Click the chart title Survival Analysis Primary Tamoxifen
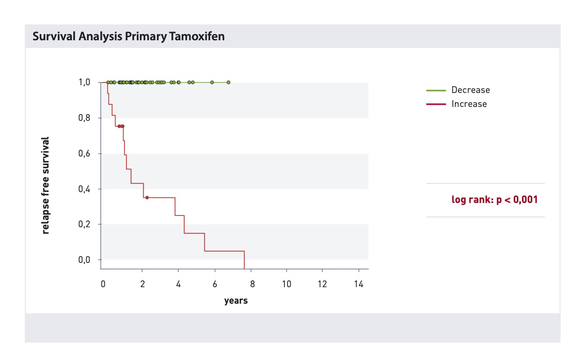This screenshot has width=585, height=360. pyautogui.click(x=129, y=36)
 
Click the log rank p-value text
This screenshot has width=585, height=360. pyautogui.click(x=494, y=199)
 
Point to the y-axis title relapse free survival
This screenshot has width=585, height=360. pyautogui.click(x=45, y=185)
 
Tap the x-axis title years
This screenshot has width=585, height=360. pyautogui.click(x=236, y=301)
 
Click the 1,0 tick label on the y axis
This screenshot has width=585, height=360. pyautogui.click(x=84, y=82)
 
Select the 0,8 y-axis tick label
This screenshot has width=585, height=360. pyautogui.click(x=84, y=118)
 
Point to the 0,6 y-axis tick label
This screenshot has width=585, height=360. pyautogui.click(x=84, y=153)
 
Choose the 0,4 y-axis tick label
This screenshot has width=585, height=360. pyautogui.click(x=84, y=189)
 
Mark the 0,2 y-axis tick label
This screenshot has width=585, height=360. pyautogui.click(x=84, y=224)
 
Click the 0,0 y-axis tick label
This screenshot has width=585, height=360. pyautogui.click(x=84, y=260)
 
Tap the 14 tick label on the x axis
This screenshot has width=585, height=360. pyautogui.click(x=358, y=284)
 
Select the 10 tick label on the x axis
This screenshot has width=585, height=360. pyautogui.click(x=286, y=284)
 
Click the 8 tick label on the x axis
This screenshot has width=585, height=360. pyautogui.click(x=252, y=284)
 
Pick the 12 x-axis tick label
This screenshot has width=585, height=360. pyautogui.click(x=322, y=284)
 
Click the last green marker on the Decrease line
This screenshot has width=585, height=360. pyautogui.click(x=228, y=83)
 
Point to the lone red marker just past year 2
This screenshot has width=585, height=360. pyautogui.click(x=147, y=198)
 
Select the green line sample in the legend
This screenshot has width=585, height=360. pyautogui.click(x=436, y=90)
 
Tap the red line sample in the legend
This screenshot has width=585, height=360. pyautogui.click(x=436, y=104)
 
